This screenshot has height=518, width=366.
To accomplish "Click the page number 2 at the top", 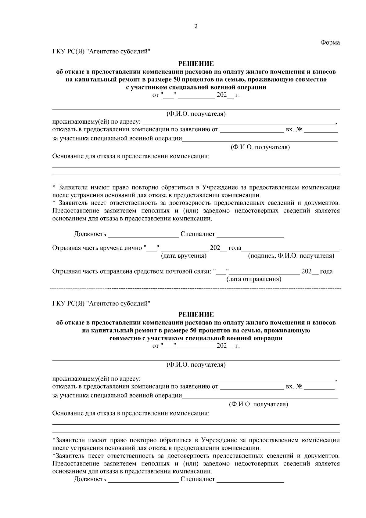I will coord(196,27).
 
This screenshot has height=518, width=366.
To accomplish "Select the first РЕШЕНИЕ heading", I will coord(196,64).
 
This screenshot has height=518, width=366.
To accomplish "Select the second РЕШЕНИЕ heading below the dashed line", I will coord(196,314).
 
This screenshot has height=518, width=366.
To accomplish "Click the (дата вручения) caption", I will coord(184,256).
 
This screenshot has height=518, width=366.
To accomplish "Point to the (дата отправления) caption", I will coord(253,279).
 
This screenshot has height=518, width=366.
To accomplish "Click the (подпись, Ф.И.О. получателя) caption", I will coord(291,256).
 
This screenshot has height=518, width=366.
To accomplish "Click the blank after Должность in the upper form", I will coord(143,234).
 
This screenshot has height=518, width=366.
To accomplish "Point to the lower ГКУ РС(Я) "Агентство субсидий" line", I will coord(102,303).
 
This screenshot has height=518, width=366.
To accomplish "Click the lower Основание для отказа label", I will coord(131,413).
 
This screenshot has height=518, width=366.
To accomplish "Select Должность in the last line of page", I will coord(90,479).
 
